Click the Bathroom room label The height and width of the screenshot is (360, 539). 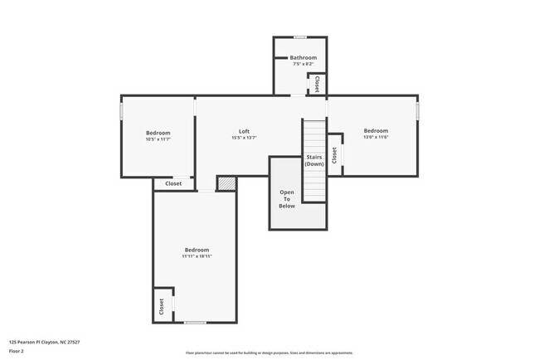pos(303,57)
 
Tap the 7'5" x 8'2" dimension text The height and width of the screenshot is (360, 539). pos(303,64)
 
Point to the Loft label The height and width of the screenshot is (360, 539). pos(244,131)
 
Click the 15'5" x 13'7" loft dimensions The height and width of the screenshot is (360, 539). pos(244,138)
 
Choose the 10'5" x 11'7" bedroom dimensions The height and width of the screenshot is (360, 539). pos(158,139)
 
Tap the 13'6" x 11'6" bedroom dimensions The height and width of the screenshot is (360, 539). pos(376,137)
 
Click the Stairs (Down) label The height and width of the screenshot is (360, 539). pos(314,160)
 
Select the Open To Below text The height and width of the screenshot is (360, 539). pos(287,199)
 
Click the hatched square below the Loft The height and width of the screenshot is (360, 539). pos(226,183)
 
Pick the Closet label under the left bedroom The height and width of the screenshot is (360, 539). pos(173,183)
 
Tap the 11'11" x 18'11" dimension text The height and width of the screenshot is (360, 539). pos(197,256)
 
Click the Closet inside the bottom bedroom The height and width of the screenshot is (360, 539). pos(162,307)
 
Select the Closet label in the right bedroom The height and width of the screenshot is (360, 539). pos(334,155)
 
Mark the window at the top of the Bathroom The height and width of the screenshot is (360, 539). pos(300,36)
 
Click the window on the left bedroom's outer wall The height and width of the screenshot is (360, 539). pos(123,110)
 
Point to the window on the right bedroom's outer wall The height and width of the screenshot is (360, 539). pos(418,110)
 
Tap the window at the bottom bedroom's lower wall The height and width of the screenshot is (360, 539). pos(195,322)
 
